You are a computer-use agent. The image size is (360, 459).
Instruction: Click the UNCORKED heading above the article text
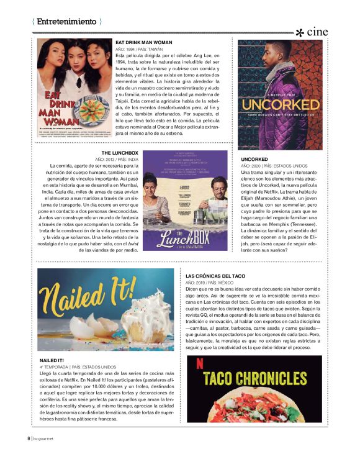254,160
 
